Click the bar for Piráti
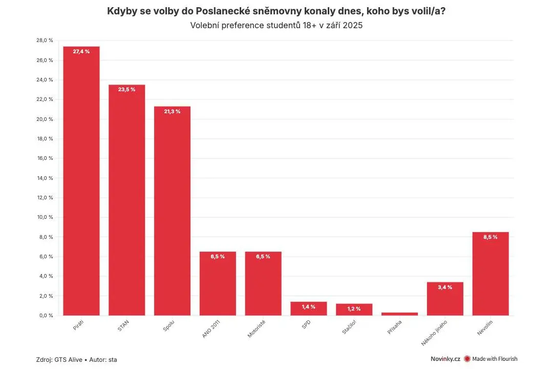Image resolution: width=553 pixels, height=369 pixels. [81, 181]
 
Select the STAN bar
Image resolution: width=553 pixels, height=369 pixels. [126, 200]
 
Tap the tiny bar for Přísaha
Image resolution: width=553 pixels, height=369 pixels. [399, 314]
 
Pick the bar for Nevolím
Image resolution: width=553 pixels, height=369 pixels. [491, 274]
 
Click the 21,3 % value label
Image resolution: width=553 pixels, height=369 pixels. [172, 111]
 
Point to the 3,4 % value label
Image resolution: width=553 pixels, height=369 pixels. [445, 287]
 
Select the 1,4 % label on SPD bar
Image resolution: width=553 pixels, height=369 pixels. [309, 307]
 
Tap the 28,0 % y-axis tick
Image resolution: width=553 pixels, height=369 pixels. [45, 40]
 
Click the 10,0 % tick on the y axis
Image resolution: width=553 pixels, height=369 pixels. [45, 217]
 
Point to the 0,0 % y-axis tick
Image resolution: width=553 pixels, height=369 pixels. [46, 315]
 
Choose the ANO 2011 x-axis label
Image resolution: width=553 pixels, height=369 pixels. [211, 329]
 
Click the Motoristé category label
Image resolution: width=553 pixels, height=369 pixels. [257, 329]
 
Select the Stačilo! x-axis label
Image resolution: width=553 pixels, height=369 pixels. [349, 327]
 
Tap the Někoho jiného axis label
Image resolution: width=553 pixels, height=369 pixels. [434, 333]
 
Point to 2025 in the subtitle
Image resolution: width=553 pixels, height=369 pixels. [353, 26]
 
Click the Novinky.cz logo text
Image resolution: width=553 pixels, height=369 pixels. [445, 359]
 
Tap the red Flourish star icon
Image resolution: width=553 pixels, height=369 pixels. [467, 359]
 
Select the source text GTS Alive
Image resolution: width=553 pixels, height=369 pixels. [69, 360]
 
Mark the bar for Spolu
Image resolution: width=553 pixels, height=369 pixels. [172, 211]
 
